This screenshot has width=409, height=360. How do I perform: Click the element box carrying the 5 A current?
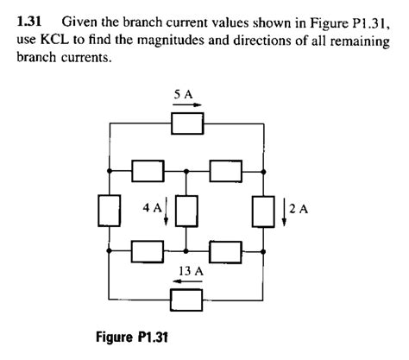tap(187, 124)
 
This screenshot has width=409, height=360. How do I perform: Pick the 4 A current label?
tap(152, 208)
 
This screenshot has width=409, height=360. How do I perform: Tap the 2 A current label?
tap(299, 208)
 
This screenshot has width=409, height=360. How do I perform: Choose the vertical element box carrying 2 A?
tap(262, 210)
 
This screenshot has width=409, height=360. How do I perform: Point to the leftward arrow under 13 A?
tap(188, 283)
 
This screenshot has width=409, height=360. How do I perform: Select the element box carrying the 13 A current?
tap(187, 300)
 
